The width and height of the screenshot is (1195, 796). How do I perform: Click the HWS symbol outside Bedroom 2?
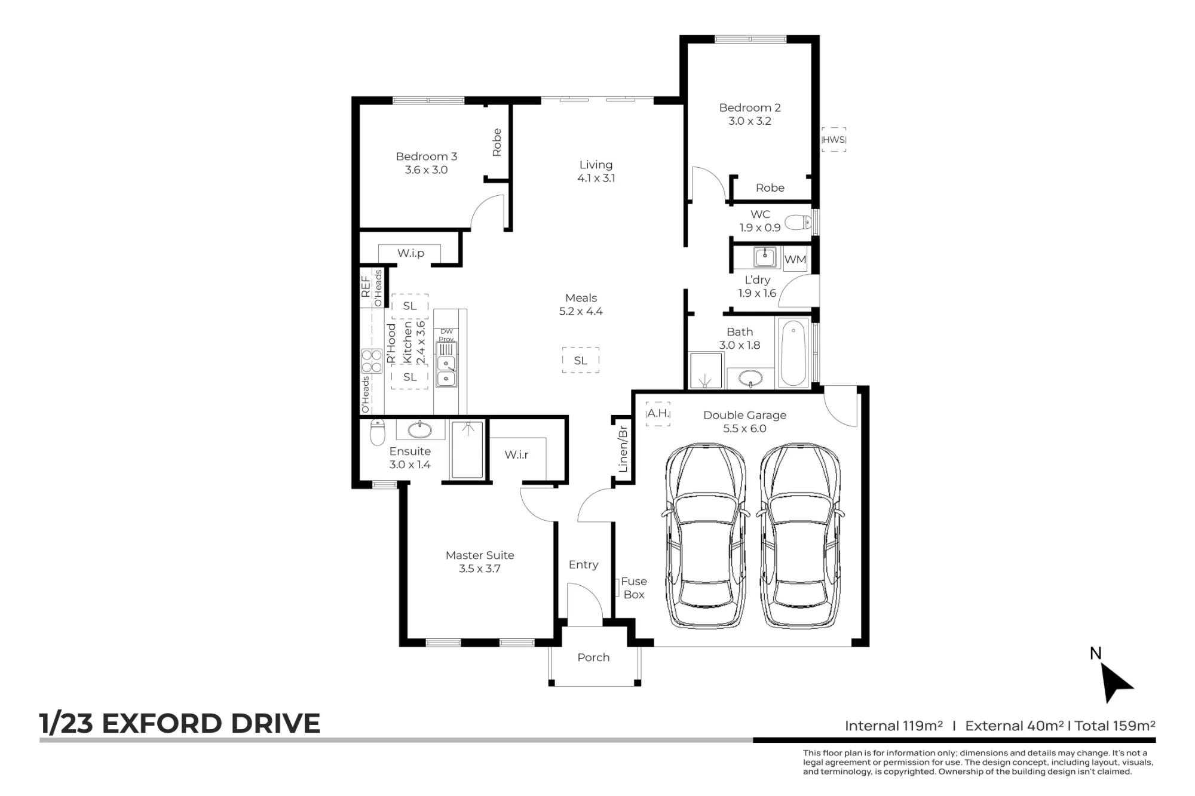click(x=834, y=139)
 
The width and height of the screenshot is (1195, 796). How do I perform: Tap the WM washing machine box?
click(x=795, y=259)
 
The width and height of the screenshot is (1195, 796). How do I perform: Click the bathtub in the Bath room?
click(x=793, y=352)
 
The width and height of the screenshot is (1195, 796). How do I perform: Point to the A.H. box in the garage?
click(x=658, y=413)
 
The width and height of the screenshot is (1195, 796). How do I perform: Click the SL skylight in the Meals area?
click(x=581, y=360)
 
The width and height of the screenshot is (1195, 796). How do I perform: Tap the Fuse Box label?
click(x=634, y=588)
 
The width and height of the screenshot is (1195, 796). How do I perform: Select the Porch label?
click(x=593, y=657)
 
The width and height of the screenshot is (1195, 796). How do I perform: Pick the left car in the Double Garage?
click(x=706, y=536)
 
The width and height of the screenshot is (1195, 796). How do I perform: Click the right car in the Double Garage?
click(x=801, y=536)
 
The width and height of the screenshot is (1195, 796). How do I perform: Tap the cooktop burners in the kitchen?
click(x=372, y=361)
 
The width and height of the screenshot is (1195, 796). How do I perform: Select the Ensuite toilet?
click(x=377, y=432)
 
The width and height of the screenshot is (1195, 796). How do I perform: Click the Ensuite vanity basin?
click(x=419, y=429)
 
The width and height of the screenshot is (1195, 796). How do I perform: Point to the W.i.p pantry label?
click(x=411, y=253)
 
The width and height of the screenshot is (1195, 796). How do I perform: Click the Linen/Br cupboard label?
click(x=623, y=448)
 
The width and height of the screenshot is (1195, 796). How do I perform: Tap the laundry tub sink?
click(x=765, y=257)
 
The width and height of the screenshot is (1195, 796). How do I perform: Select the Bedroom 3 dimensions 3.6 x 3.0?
click(x=426, y=170)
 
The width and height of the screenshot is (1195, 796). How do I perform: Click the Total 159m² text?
click(x=1115, y=726)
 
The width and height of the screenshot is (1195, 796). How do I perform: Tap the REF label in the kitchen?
click(x=366, y=286)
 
